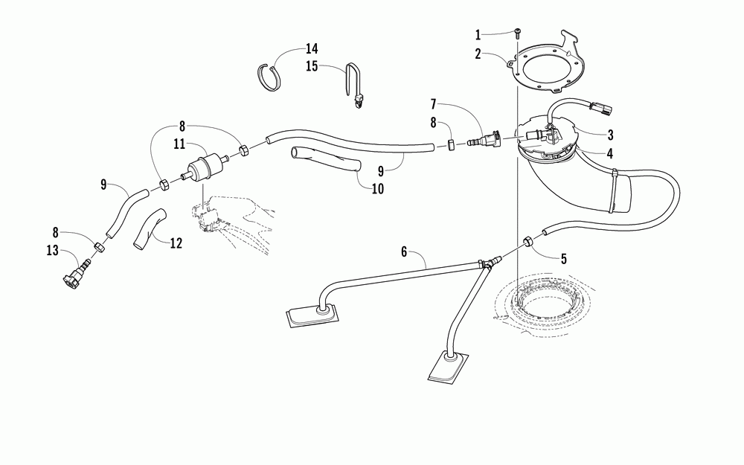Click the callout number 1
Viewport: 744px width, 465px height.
point(478,33)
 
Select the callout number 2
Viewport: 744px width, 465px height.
point(478,54)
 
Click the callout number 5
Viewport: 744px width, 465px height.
point(563,259)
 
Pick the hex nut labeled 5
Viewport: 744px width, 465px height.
point(527,241)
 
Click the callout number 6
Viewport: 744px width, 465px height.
point(405,251)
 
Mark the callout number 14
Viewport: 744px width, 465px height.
point(310,49)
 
